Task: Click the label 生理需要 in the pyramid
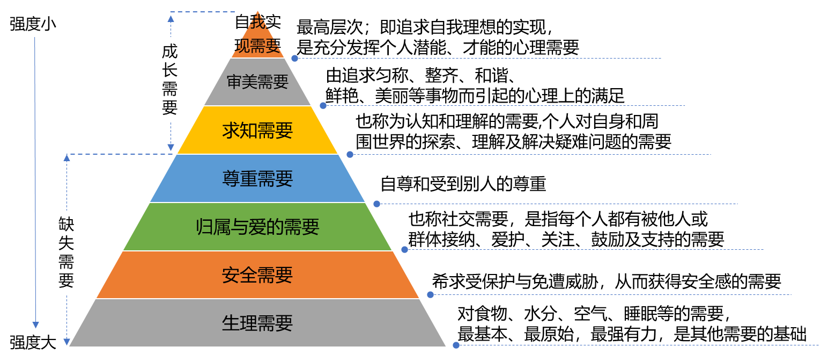[257, 323]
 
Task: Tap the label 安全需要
[257, 275]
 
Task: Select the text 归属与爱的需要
[257, 227]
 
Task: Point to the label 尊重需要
[257, 178]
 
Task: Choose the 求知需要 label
[257, 130]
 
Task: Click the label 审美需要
[257, 82]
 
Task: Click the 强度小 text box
[37, 24]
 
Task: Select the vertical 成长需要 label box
[170, 79]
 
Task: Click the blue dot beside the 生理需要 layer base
[456, 345]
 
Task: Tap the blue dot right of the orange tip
[294, 58]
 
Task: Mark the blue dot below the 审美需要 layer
[323, 105]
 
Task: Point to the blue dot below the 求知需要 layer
[350, 154]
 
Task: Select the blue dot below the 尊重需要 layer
[376, 204]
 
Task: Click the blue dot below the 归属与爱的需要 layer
[404, 249]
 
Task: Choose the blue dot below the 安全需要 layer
[430, 294]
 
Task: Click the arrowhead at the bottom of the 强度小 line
[35, 325]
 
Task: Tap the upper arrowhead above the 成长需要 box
[171, 18]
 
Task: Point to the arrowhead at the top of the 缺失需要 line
[66, 157]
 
